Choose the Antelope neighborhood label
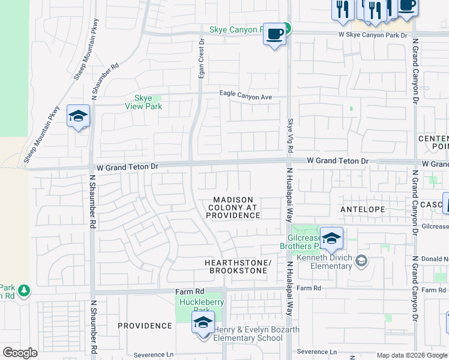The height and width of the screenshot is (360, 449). tap(362, 209)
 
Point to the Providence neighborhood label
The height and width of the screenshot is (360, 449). tap(145, 326)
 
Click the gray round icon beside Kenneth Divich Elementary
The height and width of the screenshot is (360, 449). tap(361, 260)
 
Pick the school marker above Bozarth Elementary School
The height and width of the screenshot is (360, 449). tap(203, 322)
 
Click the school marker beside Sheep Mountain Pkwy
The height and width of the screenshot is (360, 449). tap(78, 116)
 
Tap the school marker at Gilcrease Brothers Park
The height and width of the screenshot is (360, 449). tap(331, 238)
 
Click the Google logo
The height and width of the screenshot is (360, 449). tap(20, 353)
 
